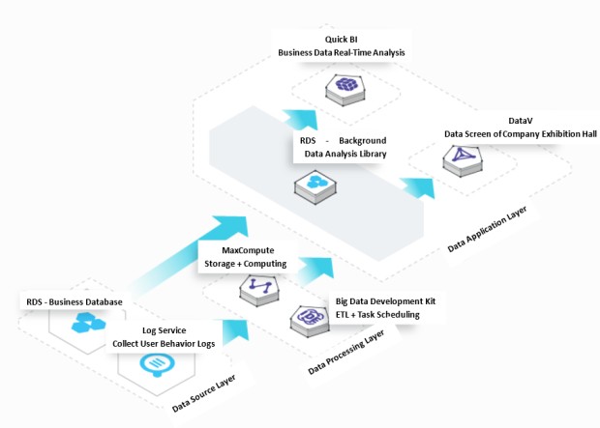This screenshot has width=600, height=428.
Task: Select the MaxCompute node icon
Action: [x=258, y=287]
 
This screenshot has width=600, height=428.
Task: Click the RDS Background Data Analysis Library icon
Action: [x=316, y=182]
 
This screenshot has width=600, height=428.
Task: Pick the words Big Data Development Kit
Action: [x=384, y=301]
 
